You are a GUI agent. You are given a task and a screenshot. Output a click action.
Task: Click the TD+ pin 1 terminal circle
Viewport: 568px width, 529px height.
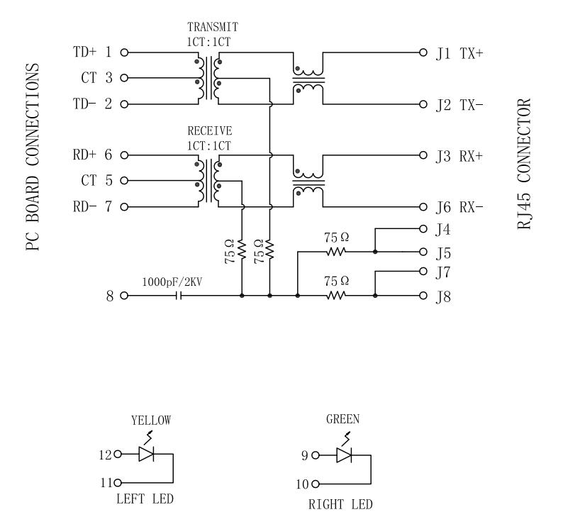pos(125,52)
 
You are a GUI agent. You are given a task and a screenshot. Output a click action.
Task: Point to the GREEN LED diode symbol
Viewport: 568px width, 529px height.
pos(345,455)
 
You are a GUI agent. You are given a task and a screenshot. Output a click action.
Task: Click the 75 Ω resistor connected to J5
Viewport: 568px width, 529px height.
pos(336,252)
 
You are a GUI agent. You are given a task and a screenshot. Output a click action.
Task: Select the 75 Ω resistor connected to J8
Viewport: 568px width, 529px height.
pos(336,296)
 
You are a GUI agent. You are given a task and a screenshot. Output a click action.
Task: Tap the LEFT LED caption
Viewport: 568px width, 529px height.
pos(144,499)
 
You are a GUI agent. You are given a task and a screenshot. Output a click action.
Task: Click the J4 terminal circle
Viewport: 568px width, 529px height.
pos(424,229)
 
